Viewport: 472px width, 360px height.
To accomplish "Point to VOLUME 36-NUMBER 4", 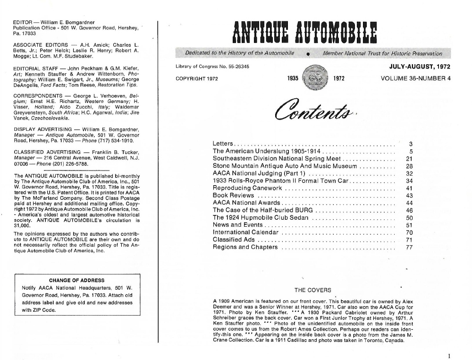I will click(415, 78).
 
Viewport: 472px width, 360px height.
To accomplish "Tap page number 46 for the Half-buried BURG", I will click(409, 210).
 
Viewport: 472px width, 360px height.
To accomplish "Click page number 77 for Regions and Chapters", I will click(409, 247).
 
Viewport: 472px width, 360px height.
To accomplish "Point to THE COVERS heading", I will click(312, 290).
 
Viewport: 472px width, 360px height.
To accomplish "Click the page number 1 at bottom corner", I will click(450, 356).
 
